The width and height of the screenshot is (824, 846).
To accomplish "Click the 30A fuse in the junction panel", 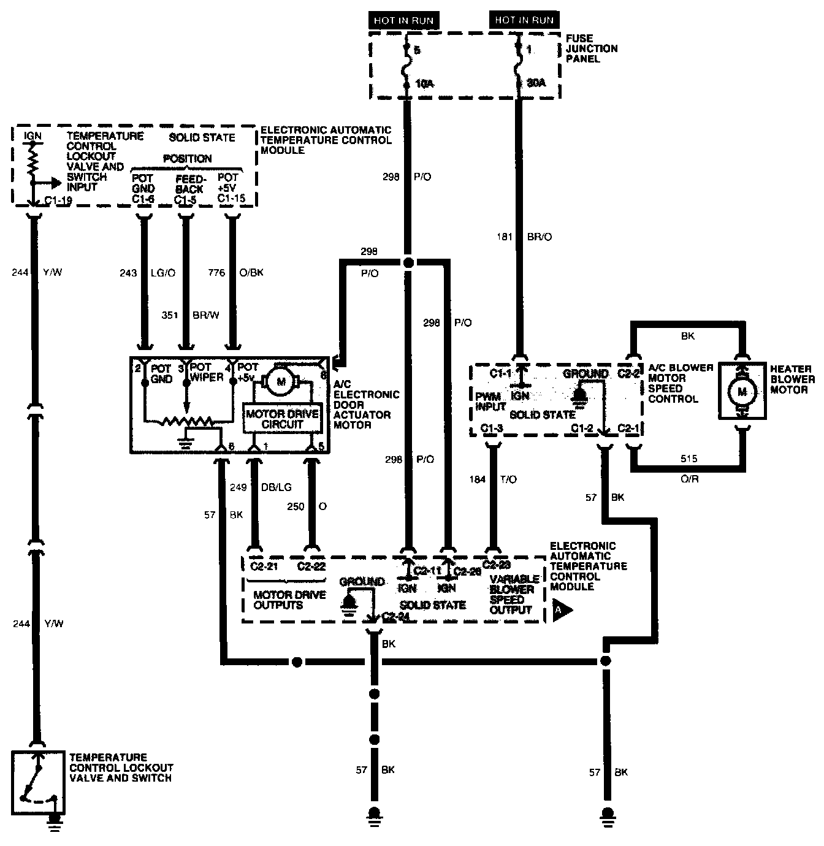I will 520,66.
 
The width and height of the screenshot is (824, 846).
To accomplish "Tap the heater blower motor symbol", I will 742,391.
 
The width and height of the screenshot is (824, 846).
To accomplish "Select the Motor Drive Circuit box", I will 282,419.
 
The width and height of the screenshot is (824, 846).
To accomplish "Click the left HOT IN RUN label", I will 404,20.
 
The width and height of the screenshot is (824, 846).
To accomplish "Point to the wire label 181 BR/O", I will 525,236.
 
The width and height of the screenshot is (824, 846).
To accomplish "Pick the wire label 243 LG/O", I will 147,272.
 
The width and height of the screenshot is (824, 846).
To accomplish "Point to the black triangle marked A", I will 560,611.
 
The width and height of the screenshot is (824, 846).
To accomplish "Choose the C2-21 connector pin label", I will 264,566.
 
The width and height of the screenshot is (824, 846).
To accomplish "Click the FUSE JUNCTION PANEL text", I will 592,48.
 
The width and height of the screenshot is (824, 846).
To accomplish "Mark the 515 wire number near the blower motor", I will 689,459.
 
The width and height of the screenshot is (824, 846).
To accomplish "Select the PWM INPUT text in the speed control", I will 491,401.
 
